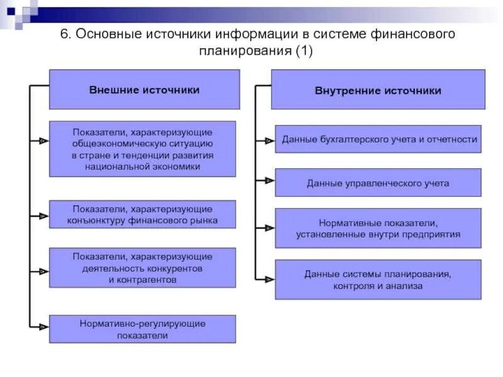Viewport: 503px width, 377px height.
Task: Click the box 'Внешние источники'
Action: click(x=144, y=89)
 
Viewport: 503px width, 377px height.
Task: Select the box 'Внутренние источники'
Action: click(x=378, y=89)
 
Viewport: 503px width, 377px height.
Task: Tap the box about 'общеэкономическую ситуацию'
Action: click(x=143, y=149)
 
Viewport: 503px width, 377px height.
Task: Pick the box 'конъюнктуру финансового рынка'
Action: click(x=143, y=214)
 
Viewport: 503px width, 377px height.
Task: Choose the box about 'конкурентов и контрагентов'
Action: click(x=143, y=268)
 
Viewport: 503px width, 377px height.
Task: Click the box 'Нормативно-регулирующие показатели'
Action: click(x=143, y=329)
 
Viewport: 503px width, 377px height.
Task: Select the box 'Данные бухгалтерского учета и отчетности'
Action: click(x=378, y=139)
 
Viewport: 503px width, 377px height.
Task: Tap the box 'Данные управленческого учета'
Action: click(x=378, y=183)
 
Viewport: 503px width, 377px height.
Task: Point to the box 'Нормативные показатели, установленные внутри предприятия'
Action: click(x=378, y=228)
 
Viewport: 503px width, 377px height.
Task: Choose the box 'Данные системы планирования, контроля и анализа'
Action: click(x=378, y=280)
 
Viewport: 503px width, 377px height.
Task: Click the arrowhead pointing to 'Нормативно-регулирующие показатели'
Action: click(x=43, y=327)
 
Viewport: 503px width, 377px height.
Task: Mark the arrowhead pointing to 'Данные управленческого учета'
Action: click(x=269, y=182)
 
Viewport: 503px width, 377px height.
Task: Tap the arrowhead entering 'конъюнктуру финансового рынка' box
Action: click(x=43, y=216)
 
